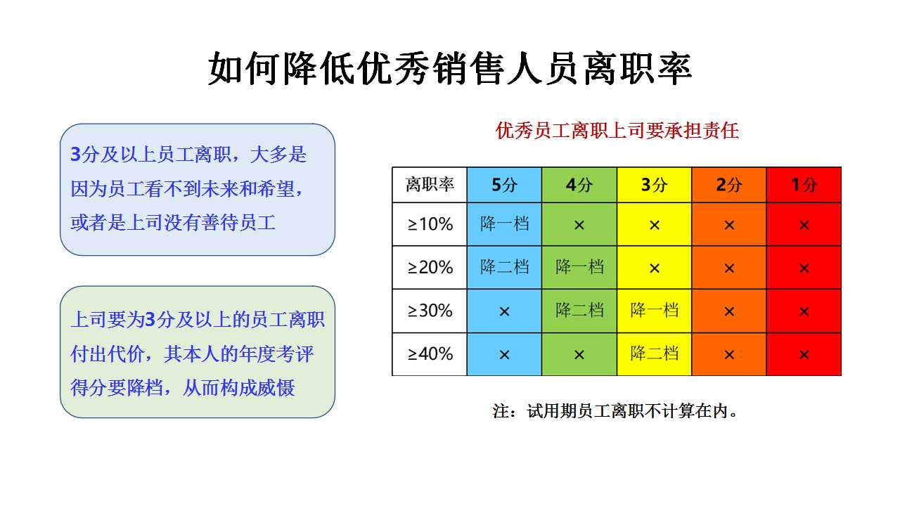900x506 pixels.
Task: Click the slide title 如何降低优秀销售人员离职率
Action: pos(450,69)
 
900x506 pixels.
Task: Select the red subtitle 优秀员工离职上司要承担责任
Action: pos(617,131)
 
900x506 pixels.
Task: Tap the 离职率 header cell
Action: pos(430,185)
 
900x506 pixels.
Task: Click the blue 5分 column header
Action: pos(504,185)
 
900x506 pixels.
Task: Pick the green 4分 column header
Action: pos(579,185)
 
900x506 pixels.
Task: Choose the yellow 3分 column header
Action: pos(654,185)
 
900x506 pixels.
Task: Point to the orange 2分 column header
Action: pos(729,185)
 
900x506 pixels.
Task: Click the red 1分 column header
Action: pos(804,185)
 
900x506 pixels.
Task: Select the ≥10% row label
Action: pos(430,224)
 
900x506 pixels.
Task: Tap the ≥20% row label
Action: pos(430,268)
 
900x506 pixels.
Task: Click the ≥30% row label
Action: pos(430,311)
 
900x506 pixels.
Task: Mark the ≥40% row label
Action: pos(430,354)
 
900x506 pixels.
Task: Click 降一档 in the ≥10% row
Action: pos(504,223)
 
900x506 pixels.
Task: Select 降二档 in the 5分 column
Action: pos(504,267)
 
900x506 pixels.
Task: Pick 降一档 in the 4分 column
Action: pos(579,267)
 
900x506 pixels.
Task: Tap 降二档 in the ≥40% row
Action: pos(655,353)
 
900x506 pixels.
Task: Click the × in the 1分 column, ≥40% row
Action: pos(804,355)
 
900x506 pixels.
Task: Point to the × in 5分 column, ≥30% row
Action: pos(504,311)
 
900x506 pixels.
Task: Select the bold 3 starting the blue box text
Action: pos(75,154)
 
